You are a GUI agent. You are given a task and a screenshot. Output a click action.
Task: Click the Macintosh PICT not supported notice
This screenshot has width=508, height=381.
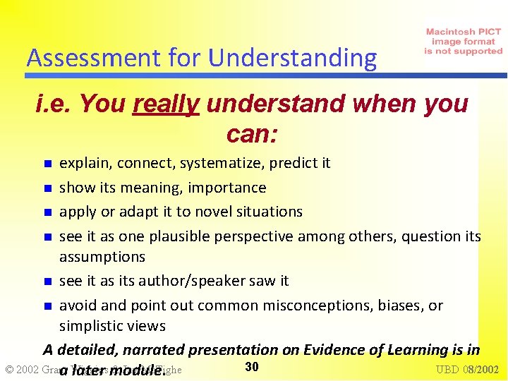point(464,42)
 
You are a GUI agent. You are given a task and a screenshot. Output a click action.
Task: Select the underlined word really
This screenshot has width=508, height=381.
point(167,104)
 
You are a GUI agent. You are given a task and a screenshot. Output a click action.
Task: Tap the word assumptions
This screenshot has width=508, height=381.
point(102,257)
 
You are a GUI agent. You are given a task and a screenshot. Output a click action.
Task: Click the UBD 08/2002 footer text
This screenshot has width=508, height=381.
point(467,370)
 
